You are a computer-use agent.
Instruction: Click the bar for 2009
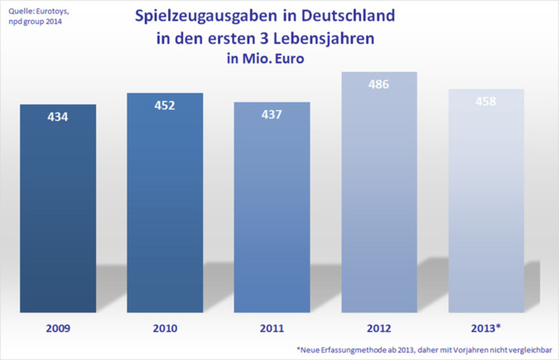click(x=58, y=215)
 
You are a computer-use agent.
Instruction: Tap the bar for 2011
click(x=272, y=215)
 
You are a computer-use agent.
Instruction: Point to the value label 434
click(x=58, y=118)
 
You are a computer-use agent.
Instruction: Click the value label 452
click(x=165, y=105)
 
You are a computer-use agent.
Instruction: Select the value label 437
click(x=272, y=115)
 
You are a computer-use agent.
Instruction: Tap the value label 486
click(x=378, y=84)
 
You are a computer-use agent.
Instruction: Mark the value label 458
click(x=485, y=102)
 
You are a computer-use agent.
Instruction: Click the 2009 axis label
click(x=58, y=329)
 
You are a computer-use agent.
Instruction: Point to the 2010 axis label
click(x=165, y=329)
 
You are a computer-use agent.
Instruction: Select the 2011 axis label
click(x=272, y=329)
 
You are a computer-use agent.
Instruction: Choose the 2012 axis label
click(x=378, y=329)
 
